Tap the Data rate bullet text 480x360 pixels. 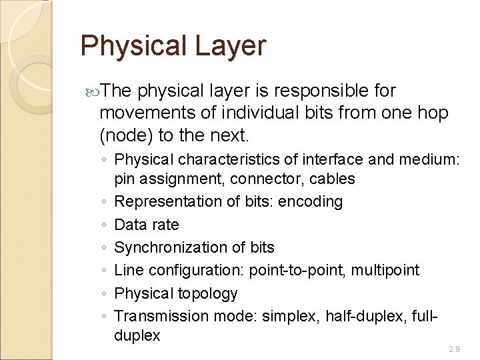(147, 225)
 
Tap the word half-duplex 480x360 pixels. (361, 316)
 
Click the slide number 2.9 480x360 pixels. (454, 349)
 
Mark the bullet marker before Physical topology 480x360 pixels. (105, 294)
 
